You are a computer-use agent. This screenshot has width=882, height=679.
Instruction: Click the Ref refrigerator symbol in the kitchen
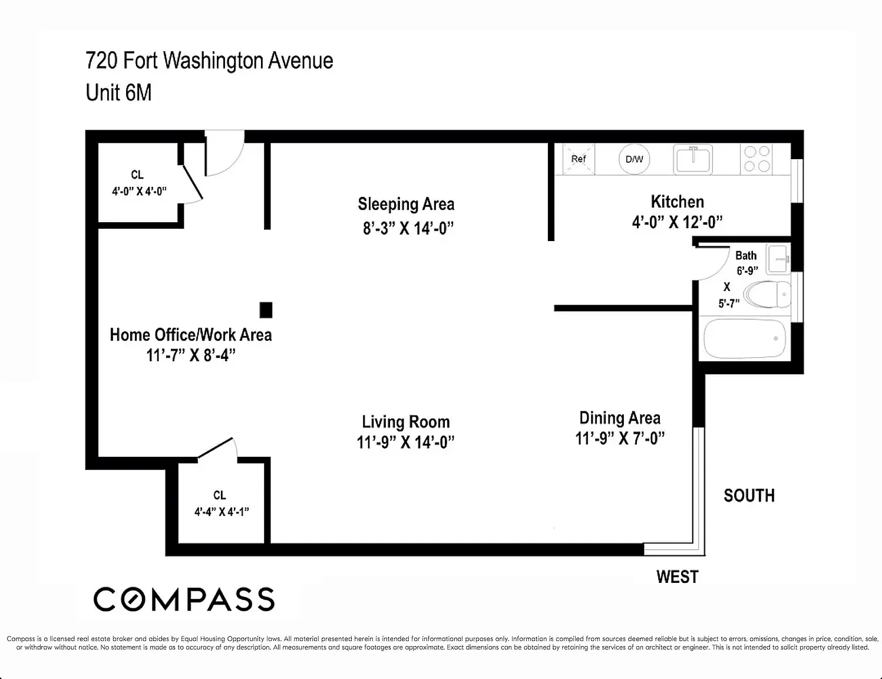click(x=579, y=159)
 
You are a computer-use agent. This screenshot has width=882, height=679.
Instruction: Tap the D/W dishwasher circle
click(x=634, y=159)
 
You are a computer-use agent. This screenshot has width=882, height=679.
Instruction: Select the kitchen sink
click(x=693, y=159)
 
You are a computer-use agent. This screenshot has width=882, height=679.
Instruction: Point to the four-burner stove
click(x=757, y=159)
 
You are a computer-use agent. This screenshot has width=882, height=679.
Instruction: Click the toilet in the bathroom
click(x=767, y=295)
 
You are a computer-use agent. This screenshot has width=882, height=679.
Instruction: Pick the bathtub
click(x=744, y=338)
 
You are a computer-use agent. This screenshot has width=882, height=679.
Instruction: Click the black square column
click(x=266, y=310)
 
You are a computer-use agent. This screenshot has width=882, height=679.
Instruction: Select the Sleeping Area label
click(x=406, y=204)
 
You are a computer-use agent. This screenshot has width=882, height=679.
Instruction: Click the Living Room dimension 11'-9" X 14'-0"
click(x=405, y=442)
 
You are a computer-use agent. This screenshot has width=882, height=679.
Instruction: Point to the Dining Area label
click(x=620, y=418)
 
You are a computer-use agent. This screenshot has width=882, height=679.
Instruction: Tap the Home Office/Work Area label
click(x=191, y=335)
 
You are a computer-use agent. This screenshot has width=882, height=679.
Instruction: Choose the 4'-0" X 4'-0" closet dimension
click(x=139, y=191)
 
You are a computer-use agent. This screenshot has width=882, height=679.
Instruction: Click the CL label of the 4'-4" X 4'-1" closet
click(x=220, y=495)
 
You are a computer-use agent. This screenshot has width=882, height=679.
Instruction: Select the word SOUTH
click(x=749, y=496)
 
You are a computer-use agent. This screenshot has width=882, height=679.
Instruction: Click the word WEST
click(x=678, y=576)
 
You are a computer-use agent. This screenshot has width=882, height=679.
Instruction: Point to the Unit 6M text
click(x=118, y=93)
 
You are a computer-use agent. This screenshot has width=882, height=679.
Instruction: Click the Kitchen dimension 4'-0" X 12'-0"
click(x=678, y=222)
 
